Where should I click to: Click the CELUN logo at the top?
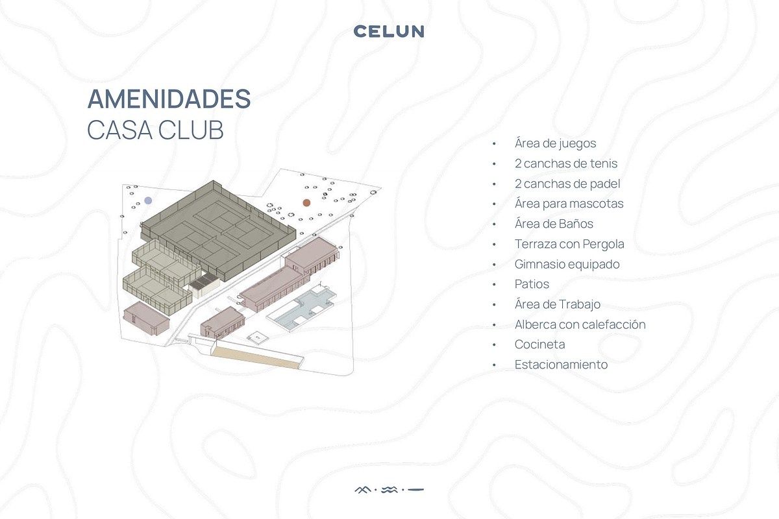[x=389, y=31]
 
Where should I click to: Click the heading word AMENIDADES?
[x=169, y=99]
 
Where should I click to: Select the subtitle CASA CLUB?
[x=155, y=130]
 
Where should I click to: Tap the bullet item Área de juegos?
[x=555, y=143]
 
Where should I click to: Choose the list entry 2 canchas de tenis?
[x=566, y=163]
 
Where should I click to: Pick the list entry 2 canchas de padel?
[x=567, y=184]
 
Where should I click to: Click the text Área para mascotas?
[x=569, y=204]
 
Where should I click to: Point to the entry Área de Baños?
[x=554, y=224]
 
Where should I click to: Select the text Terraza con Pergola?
[x=569, y=244]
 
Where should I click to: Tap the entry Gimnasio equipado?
[x=567, y=264]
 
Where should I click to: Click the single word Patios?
[x=532, y=284]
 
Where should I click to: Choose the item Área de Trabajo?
[x=558, y=304]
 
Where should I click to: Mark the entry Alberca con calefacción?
[x=580, y=324]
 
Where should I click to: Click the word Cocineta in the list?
[x=539, y=344]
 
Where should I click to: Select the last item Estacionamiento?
[x=561, y=365]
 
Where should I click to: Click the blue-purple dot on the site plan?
[x=149, y=200]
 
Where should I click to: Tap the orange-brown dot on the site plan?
[x=306, y=202]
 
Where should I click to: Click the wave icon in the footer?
[x=389, y=489]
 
